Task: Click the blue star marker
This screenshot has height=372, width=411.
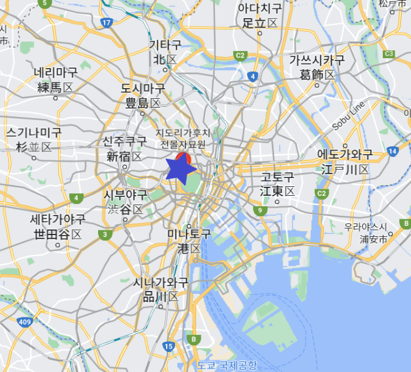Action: pyautogui.click(x=180, y=169)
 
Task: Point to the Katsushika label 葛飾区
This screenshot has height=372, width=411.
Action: pyautogui.click(x=317, y=75)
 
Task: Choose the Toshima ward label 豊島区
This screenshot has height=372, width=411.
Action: pyautogui.click(x=143, y=103)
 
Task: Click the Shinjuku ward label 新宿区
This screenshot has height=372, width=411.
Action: pyautogui.click(x=124, y=156)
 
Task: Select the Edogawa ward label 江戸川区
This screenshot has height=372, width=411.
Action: pyautogui.click(x=345, y=169)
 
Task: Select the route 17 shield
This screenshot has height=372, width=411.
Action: pyautogui.click(x=106, y=23)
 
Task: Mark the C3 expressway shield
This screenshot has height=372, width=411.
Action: pyautogui.click(x=389, y=54)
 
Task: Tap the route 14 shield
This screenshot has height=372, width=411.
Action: pyautogui.click(x=392, y=152)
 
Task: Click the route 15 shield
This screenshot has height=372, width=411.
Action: pyautogui.click(x=169, y=347)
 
